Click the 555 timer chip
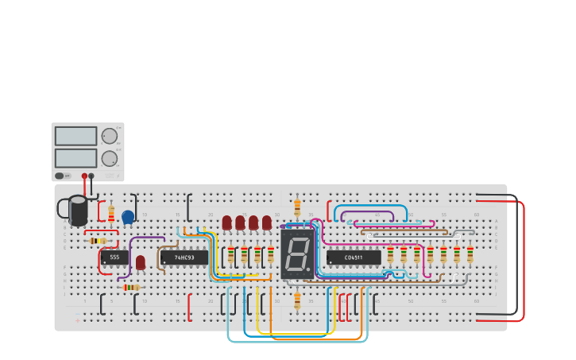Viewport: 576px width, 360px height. click(x=114, y=257)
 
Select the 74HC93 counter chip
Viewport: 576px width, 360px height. click(x=184, y=257)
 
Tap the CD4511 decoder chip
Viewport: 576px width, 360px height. click(x=353, y=257)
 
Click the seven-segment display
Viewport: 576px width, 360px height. click(x=297, y=254)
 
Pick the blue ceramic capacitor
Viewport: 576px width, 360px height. click(x=128, y=217)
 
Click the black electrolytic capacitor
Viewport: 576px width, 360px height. click(x=78, y=211)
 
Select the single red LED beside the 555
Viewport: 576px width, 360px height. click(x=141, y=262)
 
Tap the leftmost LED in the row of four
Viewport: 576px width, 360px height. click(x=227, y=223)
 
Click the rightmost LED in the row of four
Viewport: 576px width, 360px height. click(x=267, y=223)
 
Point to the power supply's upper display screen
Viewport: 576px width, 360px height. click(x=75, y=136)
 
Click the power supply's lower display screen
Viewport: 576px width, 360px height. click(x=75, y=158)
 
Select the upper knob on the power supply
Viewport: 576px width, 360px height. click(x=110, y=136)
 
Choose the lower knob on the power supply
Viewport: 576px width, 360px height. click(x=110, y=158)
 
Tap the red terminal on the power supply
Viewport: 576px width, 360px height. click(x=84, y=176)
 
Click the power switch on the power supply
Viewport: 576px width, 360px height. click(x=60, y=176)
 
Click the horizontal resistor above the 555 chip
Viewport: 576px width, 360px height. click(x=98, y=241)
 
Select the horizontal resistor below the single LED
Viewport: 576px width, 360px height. click(x=131, y=287)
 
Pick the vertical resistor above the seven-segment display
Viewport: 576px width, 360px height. click(x=297, y=207)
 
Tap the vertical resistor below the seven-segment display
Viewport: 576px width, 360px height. click(x=297, y=300)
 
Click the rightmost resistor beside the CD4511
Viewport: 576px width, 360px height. click(x=470, y=254)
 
